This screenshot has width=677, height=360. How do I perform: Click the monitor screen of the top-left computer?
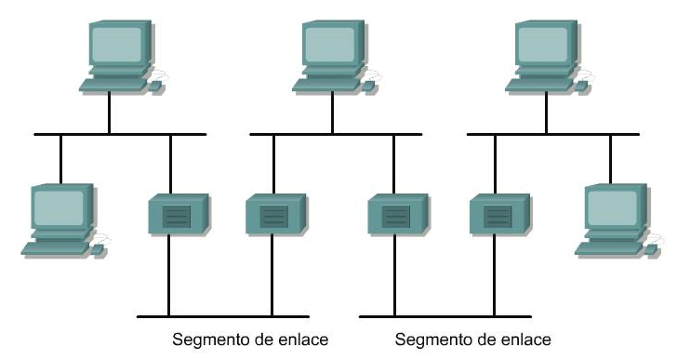pos(117,42)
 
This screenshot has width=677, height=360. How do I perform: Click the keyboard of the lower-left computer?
pos(53,247)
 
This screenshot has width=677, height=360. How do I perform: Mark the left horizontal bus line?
pos(119,135)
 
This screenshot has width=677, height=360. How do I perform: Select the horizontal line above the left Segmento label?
pos(219,315)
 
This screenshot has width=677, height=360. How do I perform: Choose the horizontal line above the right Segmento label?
pos(442,315)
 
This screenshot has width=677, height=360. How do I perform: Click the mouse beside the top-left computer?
pos(155,86)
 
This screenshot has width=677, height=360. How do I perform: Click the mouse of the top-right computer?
pos(583,86)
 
